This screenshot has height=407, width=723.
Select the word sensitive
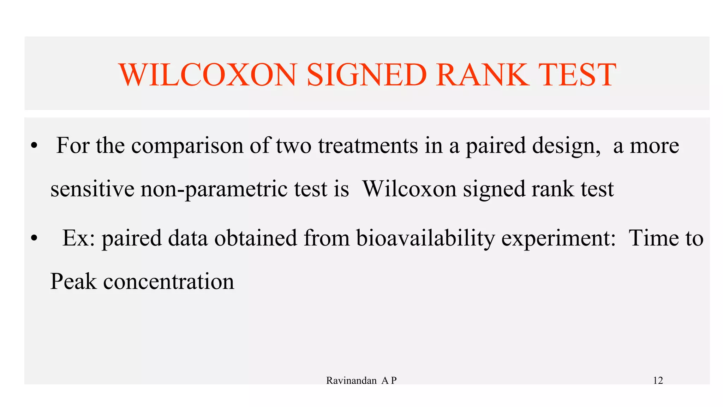point(92,189)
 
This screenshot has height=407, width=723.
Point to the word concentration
point(169,282)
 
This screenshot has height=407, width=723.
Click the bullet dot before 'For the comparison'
point(34,146)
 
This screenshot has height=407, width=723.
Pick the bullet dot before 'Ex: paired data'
point(34,238)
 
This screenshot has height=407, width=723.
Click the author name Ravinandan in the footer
point(351,381)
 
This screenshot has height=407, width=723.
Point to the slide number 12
point(658,381)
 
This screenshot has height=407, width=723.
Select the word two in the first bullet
point(294,146)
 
